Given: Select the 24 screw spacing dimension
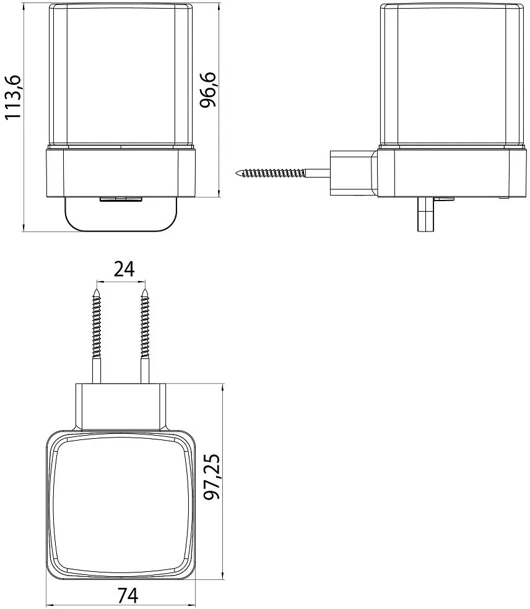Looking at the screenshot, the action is click(124, 269).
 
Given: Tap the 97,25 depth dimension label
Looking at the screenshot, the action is click(212, 476).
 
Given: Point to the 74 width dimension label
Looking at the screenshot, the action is click(128, 595).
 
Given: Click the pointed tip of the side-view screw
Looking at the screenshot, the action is click(237, 173).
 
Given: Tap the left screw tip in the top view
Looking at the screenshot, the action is click(97, 289).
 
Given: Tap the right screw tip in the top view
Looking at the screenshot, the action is click(146, 289).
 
